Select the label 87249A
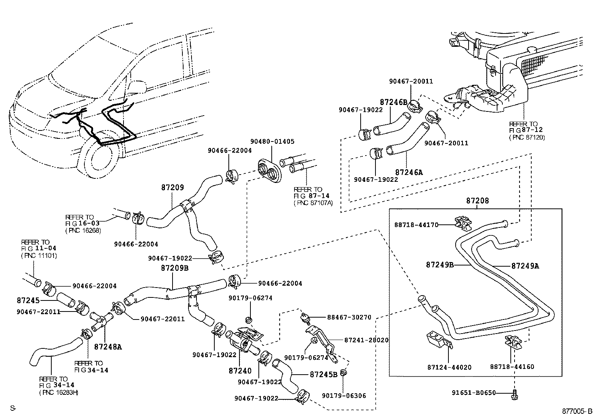(x=525, y=266)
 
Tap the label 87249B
(x=440, y=265)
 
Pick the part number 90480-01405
(x=272, y=141)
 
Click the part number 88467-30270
(x=349, y=317)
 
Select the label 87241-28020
(x=366, y=340)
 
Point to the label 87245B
(x=323, y=374)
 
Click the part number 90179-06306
(x=344, y=396)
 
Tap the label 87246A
(x=409, y=172)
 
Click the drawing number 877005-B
(x=577, y=411)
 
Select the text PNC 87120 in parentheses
(x=527, y=137)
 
